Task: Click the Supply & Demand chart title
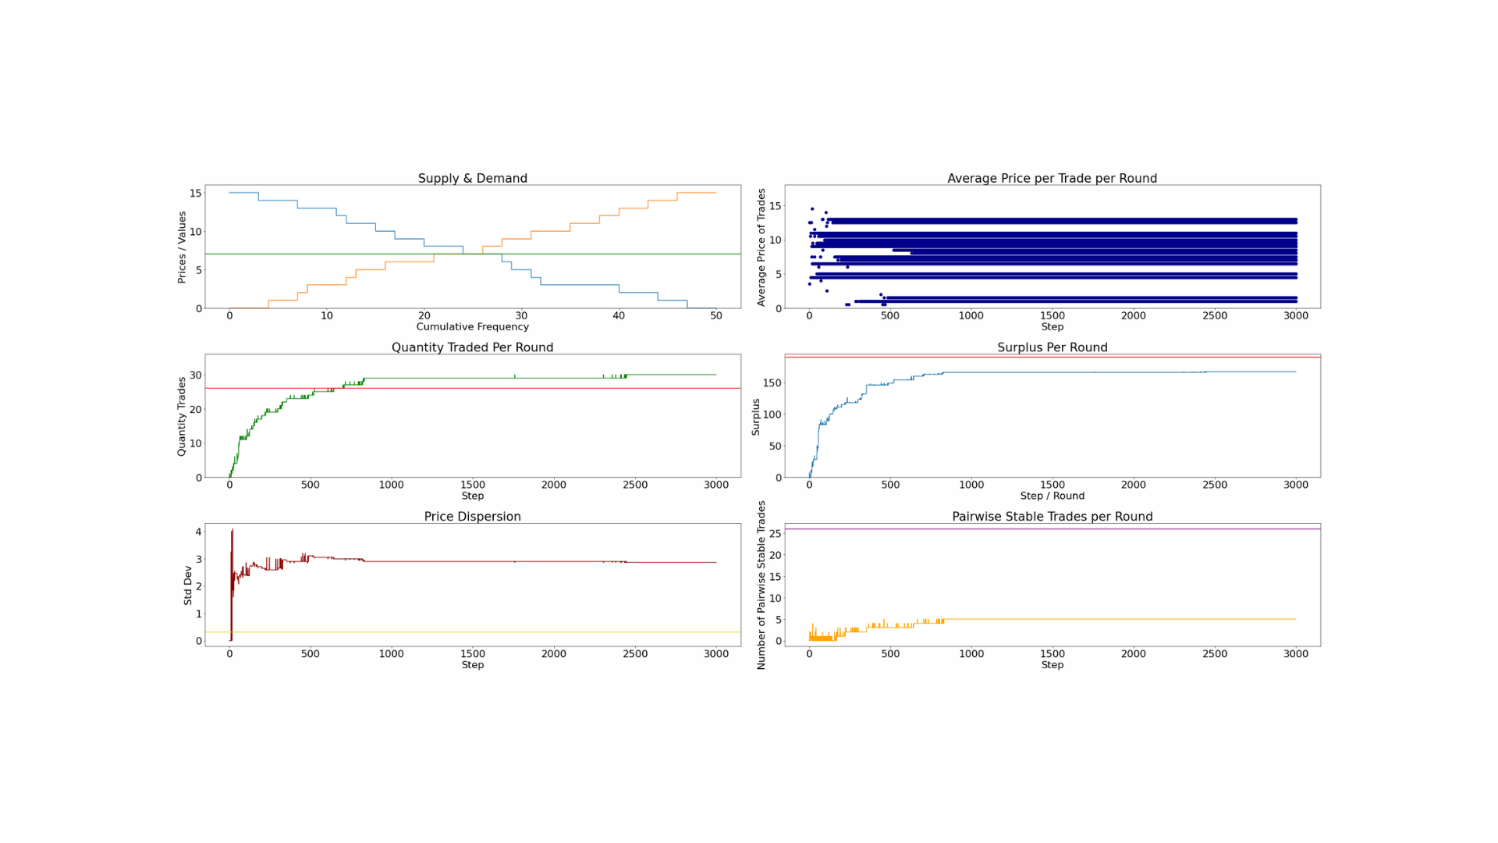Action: point(472,178)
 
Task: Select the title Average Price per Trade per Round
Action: point(1052,178)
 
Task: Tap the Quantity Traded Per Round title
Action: point(472,347)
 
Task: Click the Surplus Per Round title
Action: point(1052,347)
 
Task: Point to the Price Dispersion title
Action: point(472,517)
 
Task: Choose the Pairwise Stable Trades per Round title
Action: point(1052,517)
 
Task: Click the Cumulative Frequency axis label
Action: point(472,327)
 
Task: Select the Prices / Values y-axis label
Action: point(182,247)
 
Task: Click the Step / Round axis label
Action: point(1052,496)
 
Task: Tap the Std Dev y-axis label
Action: point(187,585)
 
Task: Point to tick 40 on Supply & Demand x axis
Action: point(619,316)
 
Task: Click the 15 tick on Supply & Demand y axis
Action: point(195,193)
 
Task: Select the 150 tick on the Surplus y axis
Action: point(772,382)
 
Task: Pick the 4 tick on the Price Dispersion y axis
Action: point(198,532)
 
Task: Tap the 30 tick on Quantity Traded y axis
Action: point(195,375)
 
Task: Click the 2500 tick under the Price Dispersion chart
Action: point(634,654)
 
